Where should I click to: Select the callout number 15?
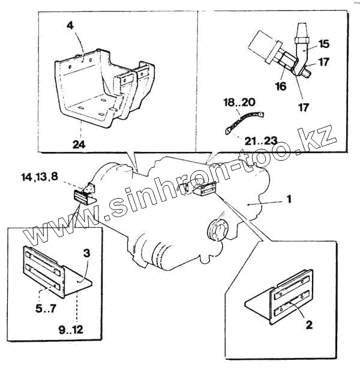324,44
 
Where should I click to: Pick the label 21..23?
262,140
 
